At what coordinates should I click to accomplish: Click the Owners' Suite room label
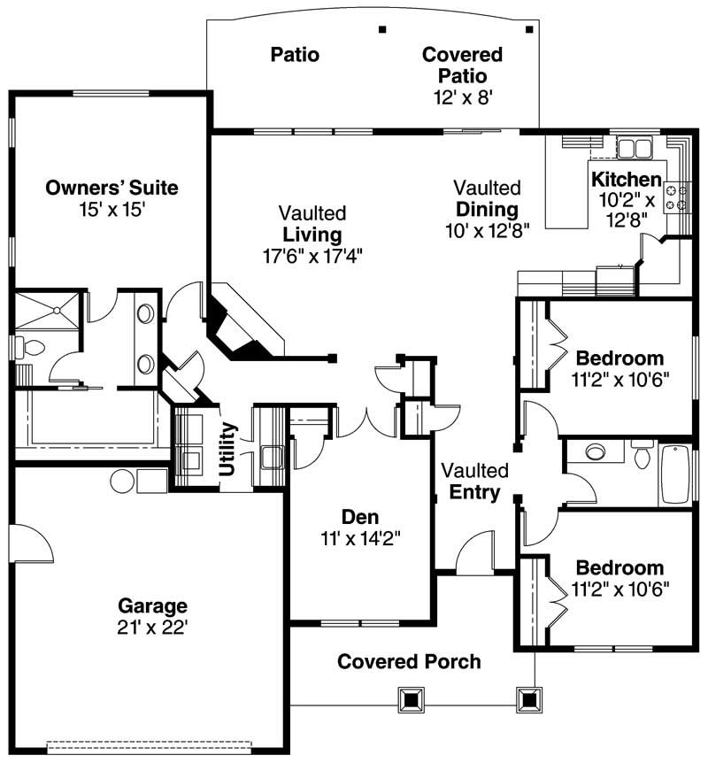click(x=112, y=188)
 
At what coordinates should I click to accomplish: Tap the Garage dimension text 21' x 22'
click(x=153, y=628)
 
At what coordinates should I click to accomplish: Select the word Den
click(x=360, y=517)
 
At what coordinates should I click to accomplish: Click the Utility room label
click(x=227, y=451)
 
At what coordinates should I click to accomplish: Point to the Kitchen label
click(x=626, y=179)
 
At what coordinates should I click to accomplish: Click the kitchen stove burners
click(x=678, y=197)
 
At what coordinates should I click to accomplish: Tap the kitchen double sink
click(x=633, y=147)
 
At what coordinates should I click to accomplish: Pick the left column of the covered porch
click(x=411, y=699)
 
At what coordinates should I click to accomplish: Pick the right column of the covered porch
click(x=529, y=699)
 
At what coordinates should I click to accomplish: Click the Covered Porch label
click(x=409, y=661)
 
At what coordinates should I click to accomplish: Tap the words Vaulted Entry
click(x=475, y=482)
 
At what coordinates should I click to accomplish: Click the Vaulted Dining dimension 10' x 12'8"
click(x=487, y=230)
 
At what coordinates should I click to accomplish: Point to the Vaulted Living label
click(x=312, y=225)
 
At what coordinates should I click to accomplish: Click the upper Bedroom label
click(x=619, y=358)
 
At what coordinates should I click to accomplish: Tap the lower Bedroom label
click(x=619, y=567)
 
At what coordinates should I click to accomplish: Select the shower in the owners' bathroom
click(x=49, y=310)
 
